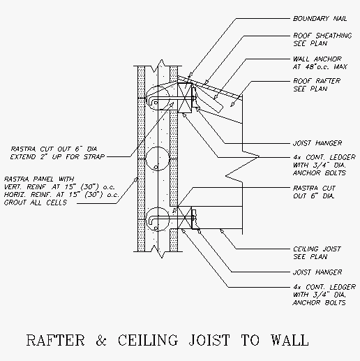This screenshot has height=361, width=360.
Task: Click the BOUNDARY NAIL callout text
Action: click(320, 19)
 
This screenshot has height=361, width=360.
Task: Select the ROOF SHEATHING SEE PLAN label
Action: click(322, 39)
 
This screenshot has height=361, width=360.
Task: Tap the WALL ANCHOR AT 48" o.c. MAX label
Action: click(320, 63)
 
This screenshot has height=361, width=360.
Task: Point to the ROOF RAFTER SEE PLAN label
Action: click(317, 84)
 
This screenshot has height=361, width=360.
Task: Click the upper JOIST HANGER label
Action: click(317, 143)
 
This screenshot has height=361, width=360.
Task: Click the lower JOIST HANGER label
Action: click(317, 272)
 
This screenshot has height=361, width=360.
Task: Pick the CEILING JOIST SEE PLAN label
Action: click(317, 253)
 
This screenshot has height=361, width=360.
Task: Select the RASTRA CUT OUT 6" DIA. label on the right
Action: click(314, 192)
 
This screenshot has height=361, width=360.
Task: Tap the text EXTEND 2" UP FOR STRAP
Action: click(57, 156)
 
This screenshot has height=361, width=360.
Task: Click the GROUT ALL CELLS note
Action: click(36, 202)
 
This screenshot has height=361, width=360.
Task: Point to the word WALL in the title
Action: click(290, 340)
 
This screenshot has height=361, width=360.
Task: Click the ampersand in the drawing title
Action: click(101, 340)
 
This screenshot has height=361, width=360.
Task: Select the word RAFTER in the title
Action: click(55, 340)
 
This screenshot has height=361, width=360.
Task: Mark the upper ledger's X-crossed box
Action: click(185, 98)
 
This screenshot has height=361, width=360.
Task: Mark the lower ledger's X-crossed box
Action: click(185, 217)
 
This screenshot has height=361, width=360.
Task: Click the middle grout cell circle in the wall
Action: click(158, 159)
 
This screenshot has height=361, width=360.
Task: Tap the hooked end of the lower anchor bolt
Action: click(150, 220)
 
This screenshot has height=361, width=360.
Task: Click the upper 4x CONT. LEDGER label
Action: click(324, 165)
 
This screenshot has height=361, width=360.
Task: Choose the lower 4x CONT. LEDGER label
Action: click(324, 295)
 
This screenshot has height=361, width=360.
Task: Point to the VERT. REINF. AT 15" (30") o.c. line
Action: click(59, 187)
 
